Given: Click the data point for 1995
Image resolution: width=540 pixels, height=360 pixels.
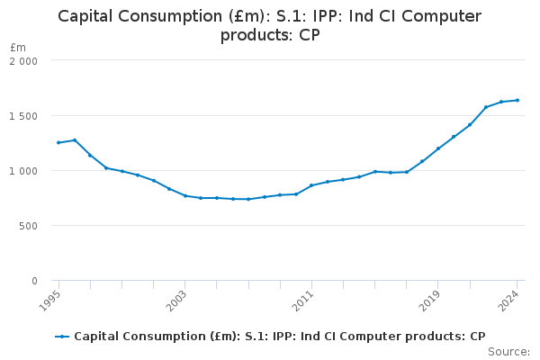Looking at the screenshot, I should tap(58, 142).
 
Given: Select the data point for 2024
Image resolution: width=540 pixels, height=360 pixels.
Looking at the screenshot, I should tap(517, 100).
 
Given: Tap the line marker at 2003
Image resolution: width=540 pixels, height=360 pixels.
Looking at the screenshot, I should tap(185, 195).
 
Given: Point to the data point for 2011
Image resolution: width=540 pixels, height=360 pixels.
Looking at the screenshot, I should tap(311, 185).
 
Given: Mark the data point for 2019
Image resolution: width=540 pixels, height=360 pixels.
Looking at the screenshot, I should tap(438, 148).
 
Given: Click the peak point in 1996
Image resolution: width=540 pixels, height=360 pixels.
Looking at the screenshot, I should tap(74, 139).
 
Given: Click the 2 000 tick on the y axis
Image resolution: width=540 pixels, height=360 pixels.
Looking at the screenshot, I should tap(23, 60).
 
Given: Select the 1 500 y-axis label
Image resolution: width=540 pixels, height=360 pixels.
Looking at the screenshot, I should tap(23, 116).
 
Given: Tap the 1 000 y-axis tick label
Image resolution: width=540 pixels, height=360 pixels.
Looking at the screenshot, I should tap(23, 171).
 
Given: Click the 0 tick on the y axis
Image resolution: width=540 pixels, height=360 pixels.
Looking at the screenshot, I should tap(34, 281).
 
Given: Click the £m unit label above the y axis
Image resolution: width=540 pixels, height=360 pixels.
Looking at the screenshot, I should tap(18, 47).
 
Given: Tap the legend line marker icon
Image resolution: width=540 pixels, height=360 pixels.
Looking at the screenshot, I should tap(62, 337).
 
